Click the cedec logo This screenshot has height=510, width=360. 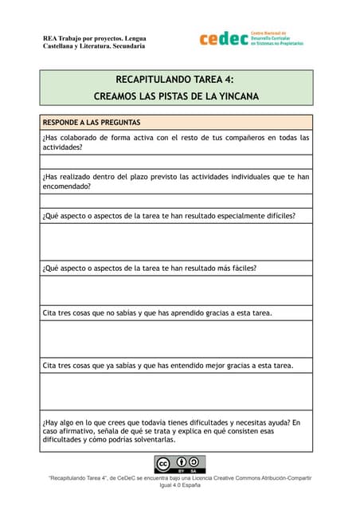point(250,39)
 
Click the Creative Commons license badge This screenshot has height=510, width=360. point(179,464)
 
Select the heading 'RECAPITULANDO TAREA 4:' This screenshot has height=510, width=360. point(175,80)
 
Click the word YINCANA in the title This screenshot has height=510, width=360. point(235,97)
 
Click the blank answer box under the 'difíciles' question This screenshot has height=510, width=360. point(176,241)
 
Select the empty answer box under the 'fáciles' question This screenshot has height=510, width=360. point(176,290)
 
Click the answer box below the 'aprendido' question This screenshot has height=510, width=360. point(176,339)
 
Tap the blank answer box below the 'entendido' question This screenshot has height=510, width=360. point(176,391)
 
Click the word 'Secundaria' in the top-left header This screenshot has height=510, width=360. point(128,46)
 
